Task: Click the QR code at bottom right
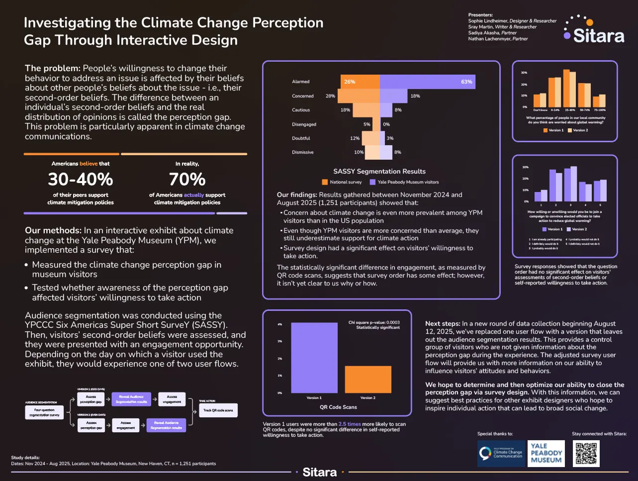(x=587, y=453)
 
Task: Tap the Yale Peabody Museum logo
(x=546, y=453)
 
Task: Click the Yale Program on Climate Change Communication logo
(x=501, y=453)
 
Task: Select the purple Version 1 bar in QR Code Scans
(x=313, y=358)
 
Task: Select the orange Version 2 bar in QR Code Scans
(x=367, y=379)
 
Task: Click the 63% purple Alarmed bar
(x=427, y=82)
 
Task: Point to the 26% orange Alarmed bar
(x=360, y=82)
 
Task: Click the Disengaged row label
(x=304, y=124)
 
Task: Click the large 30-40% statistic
(x=81, y=179)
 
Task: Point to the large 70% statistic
(x=187, y=179)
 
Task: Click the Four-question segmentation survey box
(x=44, y=412)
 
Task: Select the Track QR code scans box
(x=218, y=410)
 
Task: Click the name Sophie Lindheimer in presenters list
(x=487, y=21)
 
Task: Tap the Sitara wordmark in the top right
(x=598, y=36)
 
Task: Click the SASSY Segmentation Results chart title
(x=379, y=171)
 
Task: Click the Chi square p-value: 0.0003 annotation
(x=374, y=322)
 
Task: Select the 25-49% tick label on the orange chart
(x=569, y=110)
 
